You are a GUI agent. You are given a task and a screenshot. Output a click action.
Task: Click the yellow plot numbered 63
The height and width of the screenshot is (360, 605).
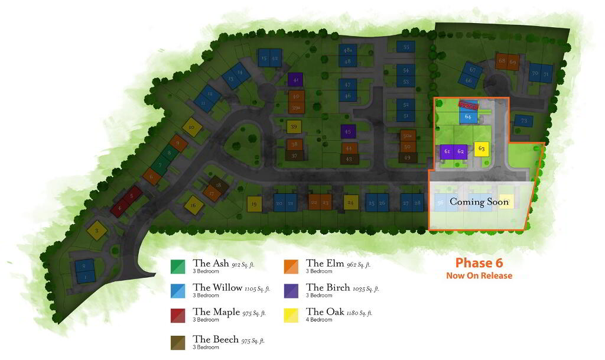482,149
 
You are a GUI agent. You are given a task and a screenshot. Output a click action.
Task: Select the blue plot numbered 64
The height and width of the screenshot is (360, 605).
467,116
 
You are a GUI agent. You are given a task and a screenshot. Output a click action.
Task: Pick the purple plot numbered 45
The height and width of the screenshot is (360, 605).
348,131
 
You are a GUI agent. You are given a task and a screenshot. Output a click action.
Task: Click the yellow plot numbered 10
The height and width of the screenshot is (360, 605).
191,127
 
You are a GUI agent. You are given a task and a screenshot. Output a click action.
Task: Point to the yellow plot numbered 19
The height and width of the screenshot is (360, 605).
254,204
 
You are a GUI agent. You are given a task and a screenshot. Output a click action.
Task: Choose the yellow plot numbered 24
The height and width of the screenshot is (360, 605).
351,202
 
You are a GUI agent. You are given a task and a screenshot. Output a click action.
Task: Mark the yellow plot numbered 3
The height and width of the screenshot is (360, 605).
96,231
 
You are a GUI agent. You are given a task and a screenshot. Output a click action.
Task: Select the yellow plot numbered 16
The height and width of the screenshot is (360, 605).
193,206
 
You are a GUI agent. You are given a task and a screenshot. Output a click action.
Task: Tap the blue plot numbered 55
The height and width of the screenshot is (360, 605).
406,47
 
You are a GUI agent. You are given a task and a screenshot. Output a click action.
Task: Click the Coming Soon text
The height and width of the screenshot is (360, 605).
479,202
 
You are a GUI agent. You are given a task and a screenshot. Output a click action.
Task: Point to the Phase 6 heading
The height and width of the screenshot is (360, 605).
479,263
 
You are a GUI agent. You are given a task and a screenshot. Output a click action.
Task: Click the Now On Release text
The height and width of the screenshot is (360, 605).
479,275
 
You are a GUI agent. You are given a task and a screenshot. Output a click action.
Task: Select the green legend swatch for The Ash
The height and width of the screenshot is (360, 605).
178,267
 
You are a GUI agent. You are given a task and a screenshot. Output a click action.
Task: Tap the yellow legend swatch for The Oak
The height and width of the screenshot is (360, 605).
291,315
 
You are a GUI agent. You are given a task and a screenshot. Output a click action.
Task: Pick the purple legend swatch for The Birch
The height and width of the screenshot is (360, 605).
291,291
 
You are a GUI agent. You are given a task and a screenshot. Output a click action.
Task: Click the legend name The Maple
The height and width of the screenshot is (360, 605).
216,312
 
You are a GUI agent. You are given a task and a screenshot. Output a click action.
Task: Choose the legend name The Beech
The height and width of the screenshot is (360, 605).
216,339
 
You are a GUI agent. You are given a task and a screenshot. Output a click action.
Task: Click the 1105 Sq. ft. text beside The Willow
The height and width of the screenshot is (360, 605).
258,288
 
